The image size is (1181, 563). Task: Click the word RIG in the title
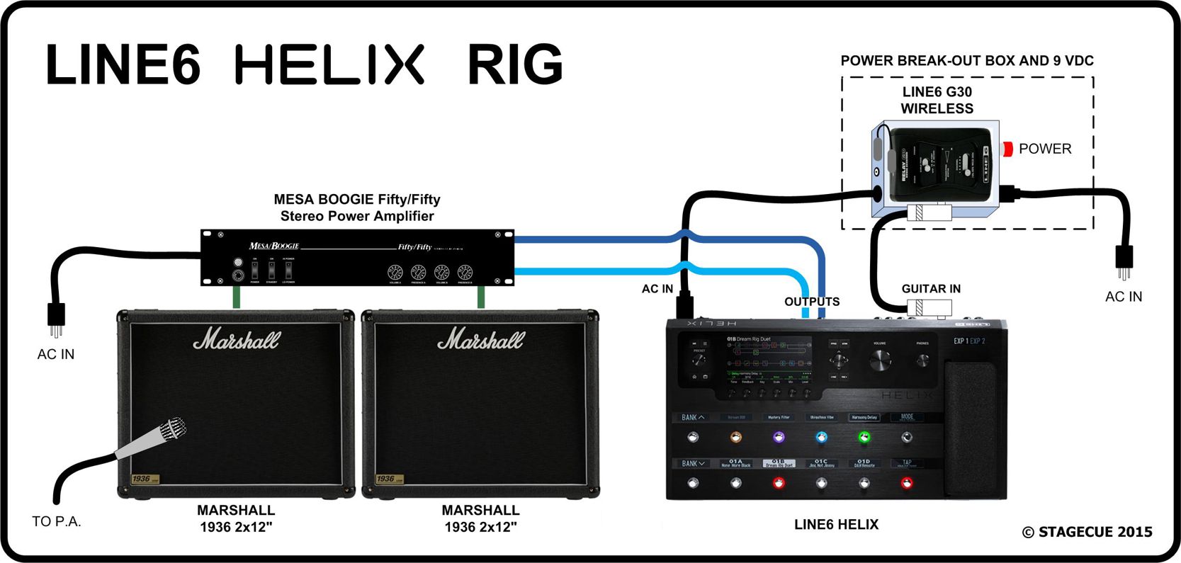pos(515,64)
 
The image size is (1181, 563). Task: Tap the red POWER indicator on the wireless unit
pos(1007,149)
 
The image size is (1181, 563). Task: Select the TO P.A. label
pos(57,522)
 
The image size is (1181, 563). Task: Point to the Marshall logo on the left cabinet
pos(237,340)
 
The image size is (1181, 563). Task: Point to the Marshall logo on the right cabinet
pos(481,340)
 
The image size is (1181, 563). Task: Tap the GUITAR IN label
pos(931,289)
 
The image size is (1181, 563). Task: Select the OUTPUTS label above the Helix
pos(812,302)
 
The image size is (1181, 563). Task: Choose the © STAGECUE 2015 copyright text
pos(1087,532)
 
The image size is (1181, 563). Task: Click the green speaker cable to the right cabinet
pos(482,297)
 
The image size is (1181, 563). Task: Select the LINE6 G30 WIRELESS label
pos(937,100)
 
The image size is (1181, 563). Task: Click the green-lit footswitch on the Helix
pos(864,438)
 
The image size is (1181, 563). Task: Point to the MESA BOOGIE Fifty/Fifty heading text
pos(357,200)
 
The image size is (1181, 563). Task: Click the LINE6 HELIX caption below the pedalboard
pos(836,525)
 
